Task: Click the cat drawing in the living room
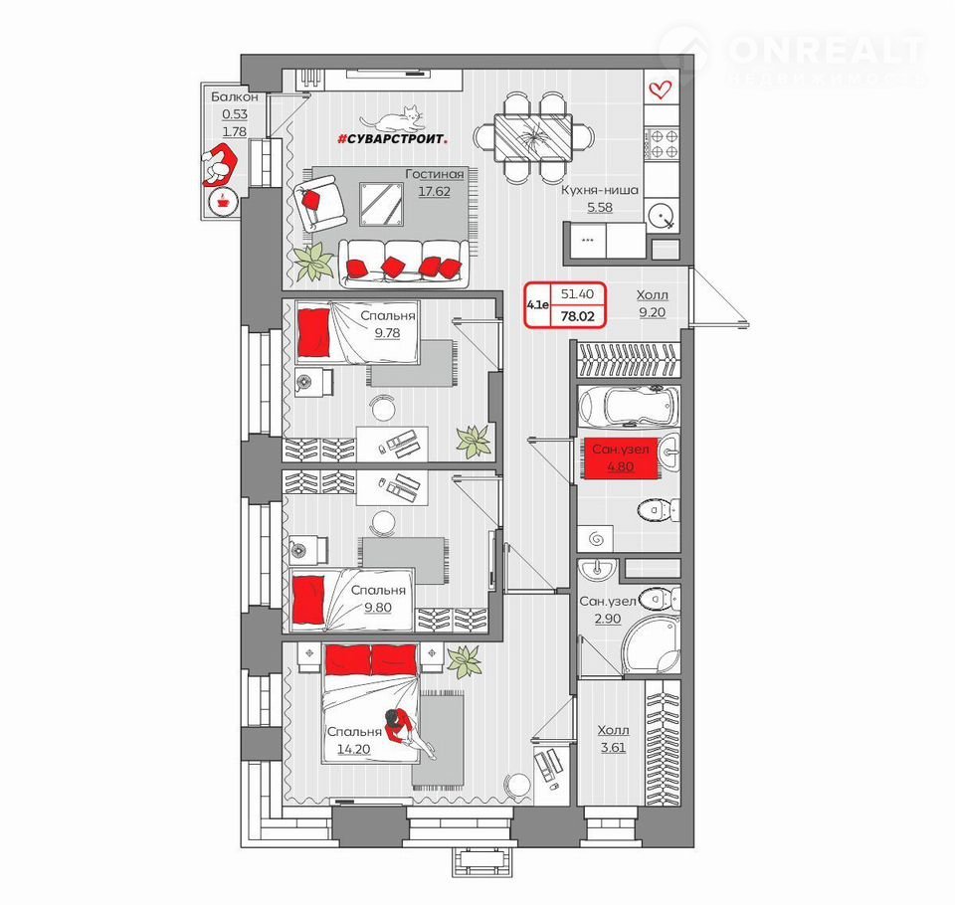point(393,119)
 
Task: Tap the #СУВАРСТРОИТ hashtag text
point(393,139)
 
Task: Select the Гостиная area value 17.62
point(435,191)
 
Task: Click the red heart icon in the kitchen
point(660,90)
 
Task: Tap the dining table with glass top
point(532,137)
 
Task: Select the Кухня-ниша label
point(600,190)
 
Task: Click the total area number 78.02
point(577,316)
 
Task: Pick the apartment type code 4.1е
point(538,304)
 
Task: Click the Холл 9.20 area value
point(653,312)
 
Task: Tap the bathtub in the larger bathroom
point(629,405)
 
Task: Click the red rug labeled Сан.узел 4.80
point(621,458)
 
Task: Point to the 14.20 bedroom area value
point(354,749)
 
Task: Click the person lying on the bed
point(408,733)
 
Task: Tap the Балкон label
point(235,96)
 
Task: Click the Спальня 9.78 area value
point(387,333)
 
